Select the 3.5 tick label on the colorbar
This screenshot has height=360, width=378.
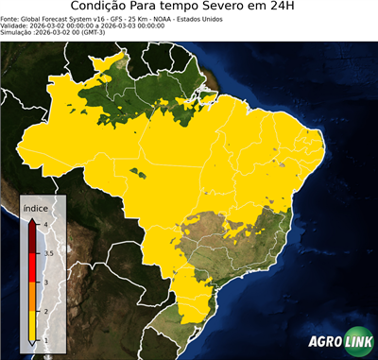click(46, 253)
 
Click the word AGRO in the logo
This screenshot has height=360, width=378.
click(323, 341)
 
